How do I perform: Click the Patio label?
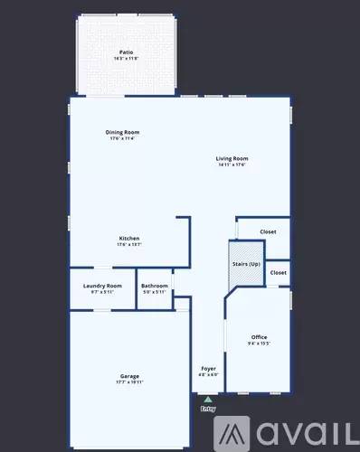[126, 53]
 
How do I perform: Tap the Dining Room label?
[122, 132]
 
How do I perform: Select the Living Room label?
[232, 158]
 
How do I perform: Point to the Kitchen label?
[128, 238]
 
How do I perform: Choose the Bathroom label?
[155, 286]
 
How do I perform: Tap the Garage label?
[129, 375]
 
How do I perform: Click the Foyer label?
[208, 368]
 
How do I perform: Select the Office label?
[259, 337]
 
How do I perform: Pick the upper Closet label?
[268, 231]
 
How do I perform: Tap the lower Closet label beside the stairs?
[278, 272]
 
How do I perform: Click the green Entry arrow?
[208, 399]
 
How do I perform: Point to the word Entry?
[208, 409]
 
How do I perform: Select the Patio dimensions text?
[126, 59]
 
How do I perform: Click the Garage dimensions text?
[129, 381]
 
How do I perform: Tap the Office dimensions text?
[259, 344]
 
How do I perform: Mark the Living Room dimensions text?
[232, 165]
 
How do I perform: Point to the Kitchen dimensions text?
[128, 244]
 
